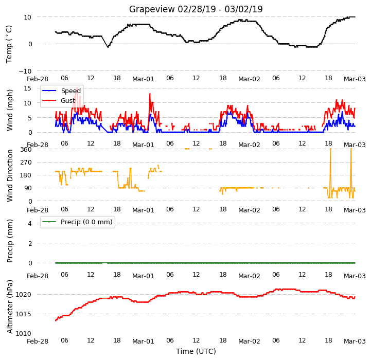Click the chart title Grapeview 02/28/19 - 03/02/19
[x=196, y=9]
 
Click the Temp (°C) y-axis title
[x=9, y=44]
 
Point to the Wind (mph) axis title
[x=10, y=110]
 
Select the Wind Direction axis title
[x=10, y=175]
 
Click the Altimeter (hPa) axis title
[x=10, y=307]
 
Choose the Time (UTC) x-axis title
[x=196, y=351]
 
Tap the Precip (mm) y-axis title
[x=10, y=241]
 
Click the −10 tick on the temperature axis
[x=25, y=71]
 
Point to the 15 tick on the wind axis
[x=27, y=88]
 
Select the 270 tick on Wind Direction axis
[x=26, y=163]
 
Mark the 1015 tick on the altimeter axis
[x=24, y=314]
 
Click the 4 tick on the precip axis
[x=29, y=223]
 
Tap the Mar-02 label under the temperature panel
[x=249, y=79]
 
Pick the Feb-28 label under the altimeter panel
[x=38, y=341]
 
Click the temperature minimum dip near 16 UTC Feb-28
[x=108, y=47]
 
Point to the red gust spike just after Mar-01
[x=150, y=94]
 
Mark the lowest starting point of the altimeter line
[x=56, y=320]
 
